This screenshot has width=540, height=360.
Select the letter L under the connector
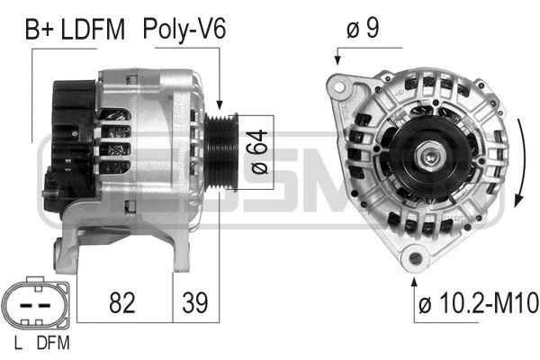(x=18, y=343)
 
